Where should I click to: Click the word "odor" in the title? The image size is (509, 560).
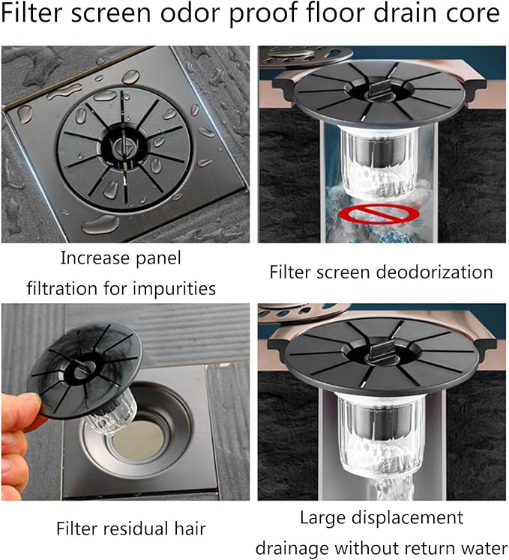[x=190, y=13]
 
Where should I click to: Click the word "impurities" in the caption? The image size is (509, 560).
[x=174, y=288]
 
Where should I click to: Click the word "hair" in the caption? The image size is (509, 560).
[x=190, y=529]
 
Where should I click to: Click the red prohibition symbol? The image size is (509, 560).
[x=379, y=214]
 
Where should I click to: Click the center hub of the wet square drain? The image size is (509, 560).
[x=124, y=147]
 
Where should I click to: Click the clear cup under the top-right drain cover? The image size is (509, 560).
[x=379, y=162]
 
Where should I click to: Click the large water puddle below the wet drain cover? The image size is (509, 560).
[x=100, y=225]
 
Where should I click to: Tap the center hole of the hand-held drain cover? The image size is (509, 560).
[x=85, y=370]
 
